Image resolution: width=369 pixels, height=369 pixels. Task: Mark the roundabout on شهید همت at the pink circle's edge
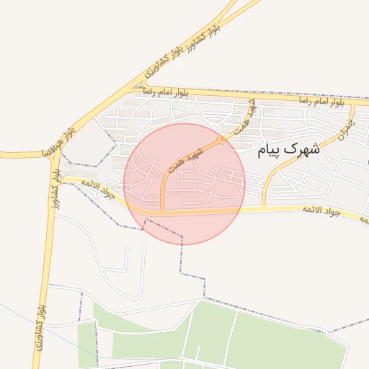click(221, 139)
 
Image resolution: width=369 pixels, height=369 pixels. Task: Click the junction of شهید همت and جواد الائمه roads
click(162, 213)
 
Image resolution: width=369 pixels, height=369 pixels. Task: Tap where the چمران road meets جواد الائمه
click(264, 208)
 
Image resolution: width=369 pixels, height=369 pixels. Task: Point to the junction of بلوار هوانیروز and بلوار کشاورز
click(53, 154)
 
